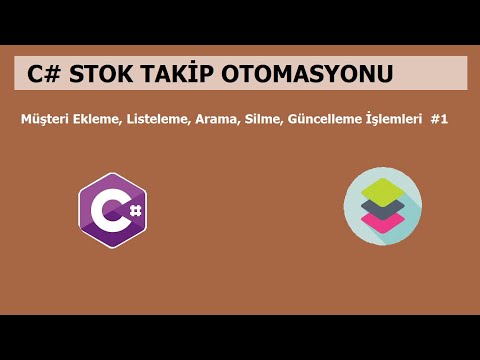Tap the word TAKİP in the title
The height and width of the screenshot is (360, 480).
point(190,74)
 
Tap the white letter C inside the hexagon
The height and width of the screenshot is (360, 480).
point(106,211)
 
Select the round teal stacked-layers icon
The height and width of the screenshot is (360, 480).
point(382,207)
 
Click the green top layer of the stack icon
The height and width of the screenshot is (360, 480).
point(382,189)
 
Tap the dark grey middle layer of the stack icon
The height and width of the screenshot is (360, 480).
point(382,208)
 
